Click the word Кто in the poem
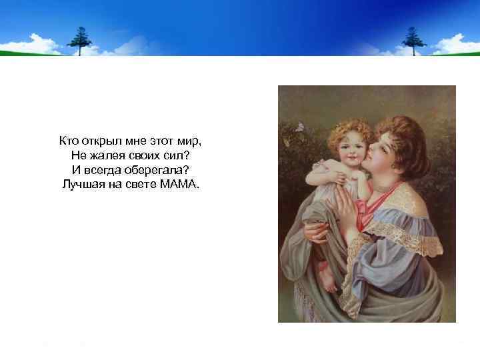click(x=68, y=141)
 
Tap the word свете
click(x=140, y=183)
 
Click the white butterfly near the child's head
click(x=300, y=125)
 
